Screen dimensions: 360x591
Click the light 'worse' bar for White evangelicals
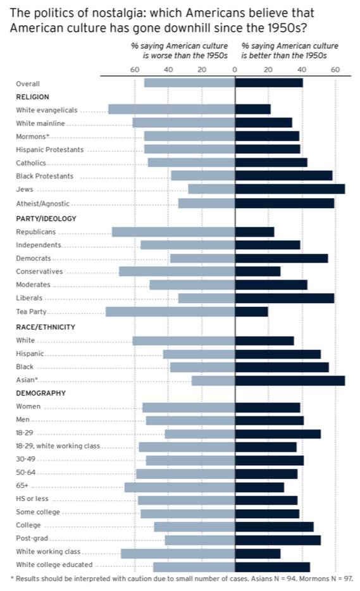click(x=171, y=109)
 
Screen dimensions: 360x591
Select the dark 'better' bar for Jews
click(x=290, y=189)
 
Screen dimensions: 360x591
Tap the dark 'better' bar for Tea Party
click(x=251, y=311)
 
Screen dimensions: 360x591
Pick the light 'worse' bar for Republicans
click(x=173, y=232)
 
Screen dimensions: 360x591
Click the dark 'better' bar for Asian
click(x=290, y=380)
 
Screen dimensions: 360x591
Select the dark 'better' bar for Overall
click(x=269, y=83)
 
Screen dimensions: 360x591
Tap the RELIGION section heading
click(x=32, y=97)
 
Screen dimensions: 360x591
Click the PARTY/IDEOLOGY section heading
click(x=46, y=218)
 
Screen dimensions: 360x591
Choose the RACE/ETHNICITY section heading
click(x=46, y=327)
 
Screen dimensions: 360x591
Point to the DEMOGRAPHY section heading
click(x=40, y=393)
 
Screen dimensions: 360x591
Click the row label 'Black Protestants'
click(x=44, y=176)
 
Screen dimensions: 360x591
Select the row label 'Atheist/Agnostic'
click(x=42, y=204)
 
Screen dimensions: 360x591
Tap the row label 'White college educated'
click(x=54, y=564)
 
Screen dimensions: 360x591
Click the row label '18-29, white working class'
click(x=58, y=446)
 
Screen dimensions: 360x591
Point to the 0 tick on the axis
click(x=235, y=70)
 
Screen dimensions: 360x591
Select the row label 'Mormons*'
click(x=33, y=136)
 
